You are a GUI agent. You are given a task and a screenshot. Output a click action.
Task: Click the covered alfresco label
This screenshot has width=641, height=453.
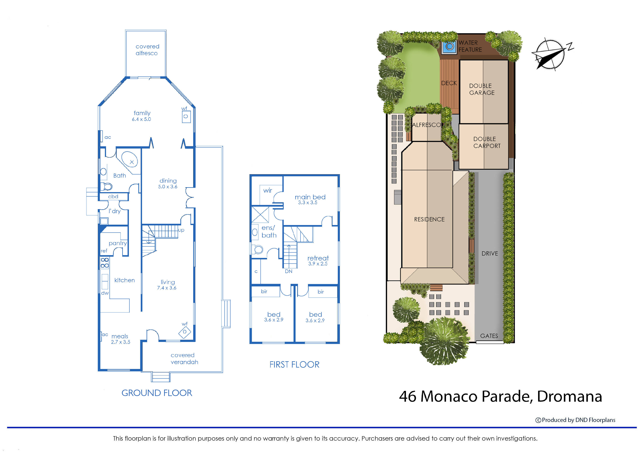coord(147,50)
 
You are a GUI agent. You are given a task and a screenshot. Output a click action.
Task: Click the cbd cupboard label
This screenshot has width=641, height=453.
coord(113,197)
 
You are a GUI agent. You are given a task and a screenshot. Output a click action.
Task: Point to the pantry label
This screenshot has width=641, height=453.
coord(118,243)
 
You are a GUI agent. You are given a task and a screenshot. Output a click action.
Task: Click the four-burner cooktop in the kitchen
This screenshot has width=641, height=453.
coord(105,263)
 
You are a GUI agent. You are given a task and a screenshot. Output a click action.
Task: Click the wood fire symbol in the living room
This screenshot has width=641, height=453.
coord(185,332)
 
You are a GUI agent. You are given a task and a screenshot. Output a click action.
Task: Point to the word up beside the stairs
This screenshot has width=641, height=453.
coord(181,230)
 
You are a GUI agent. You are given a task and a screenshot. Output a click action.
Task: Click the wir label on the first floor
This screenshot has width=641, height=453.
coord(267,191)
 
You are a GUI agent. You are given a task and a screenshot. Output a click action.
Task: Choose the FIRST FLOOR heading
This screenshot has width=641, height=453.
coord(294,365)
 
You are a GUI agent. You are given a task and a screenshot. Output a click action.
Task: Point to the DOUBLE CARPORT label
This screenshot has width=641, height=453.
coord(487,142)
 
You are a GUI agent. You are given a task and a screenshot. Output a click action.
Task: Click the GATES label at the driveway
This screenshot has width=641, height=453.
coord(489,336)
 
